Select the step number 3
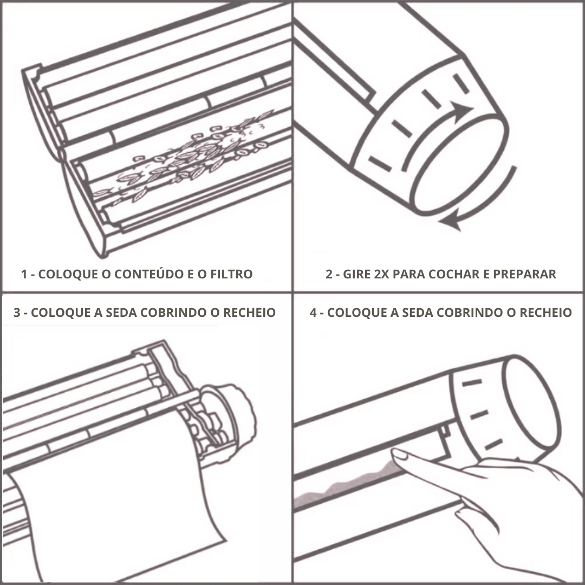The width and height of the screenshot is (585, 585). point(17,313)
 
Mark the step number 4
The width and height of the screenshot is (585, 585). point(313,313)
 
